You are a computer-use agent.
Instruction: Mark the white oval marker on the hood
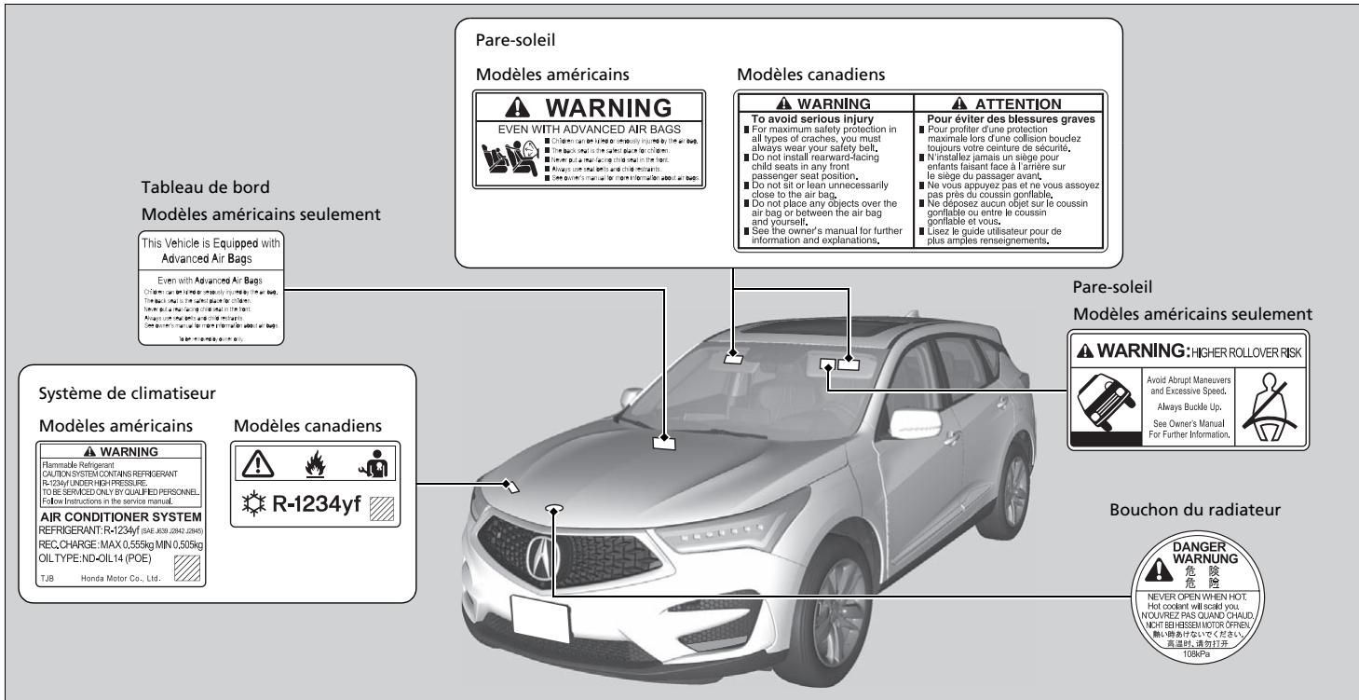pos(554,509)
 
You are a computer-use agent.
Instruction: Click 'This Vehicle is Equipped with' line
pos(210,242)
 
